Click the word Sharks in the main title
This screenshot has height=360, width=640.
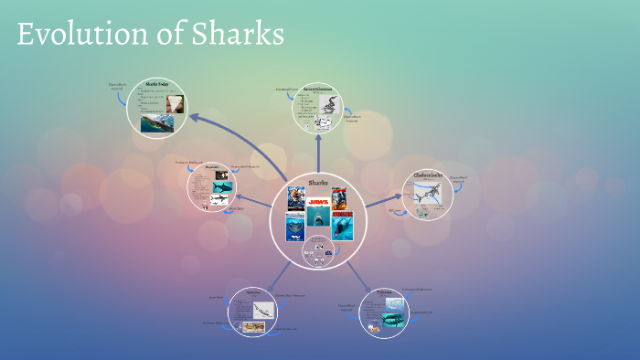coord(237,35)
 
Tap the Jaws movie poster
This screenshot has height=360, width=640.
coord(318,199)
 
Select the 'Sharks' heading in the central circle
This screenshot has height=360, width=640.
coord(318,183)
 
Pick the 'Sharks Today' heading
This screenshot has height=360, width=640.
coord(158,85)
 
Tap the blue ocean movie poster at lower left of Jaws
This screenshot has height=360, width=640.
coord(295,228)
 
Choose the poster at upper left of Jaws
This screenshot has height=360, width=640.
coord(295,198)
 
